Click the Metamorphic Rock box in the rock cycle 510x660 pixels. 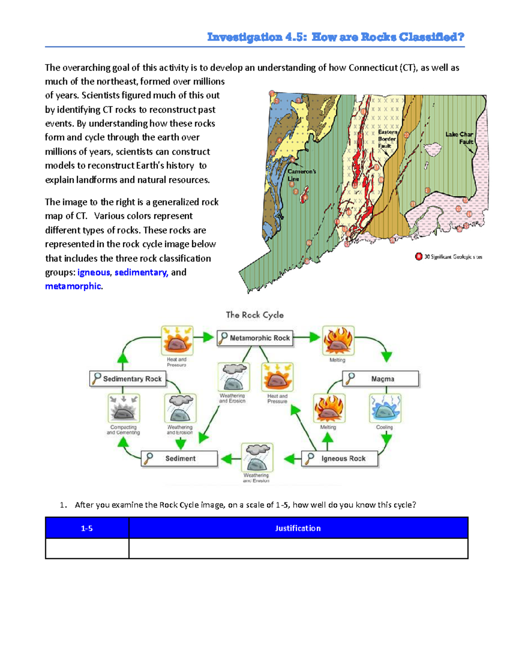255,338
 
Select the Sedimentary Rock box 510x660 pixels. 128,379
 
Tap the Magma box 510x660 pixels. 381,379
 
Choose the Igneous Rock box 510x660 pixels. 340,459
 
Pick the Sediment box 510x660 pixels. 179,459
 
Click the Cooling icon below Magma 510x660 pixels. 385,408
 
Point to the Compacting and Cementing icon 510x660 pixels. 124,408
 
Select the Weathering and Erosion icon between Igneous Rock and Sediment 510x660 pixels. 257,457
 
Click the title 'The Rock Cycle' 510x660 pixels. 255,315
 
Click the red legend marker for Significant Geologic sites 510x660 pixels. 419,256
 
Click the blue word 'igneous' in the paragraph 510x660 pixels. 93,272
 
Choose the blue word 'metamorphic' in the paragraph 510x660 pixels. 73,286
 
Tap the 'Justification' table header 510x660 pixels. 298,528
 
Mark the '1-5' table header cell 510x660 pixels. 87,528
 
